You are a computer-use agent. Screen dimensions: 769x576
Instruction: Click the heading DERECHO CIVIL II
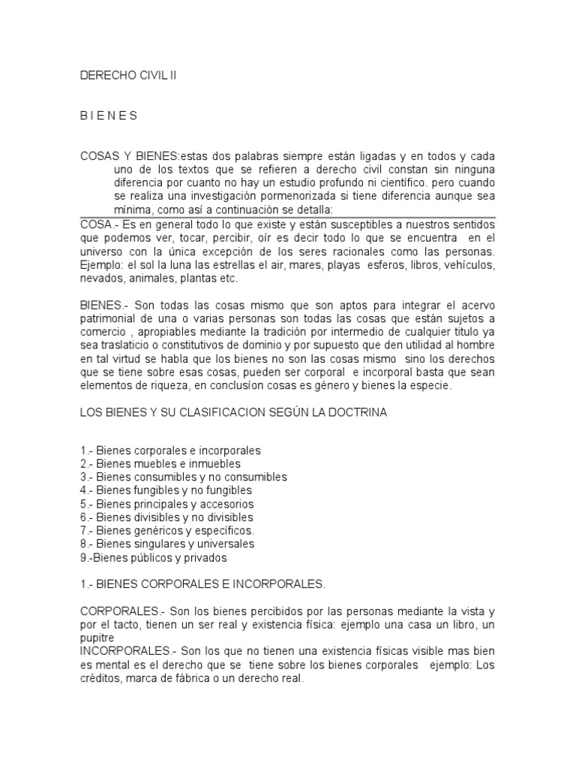131,76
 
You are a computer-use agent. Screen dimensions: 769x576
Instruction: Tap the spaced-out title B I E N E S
109,116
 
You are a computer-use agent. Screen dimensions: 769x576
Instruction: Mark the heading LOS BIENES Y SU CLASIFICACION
233,412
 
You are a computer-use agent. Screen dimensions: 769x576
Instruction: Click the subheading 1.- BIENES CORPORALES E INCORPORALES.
202,584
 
